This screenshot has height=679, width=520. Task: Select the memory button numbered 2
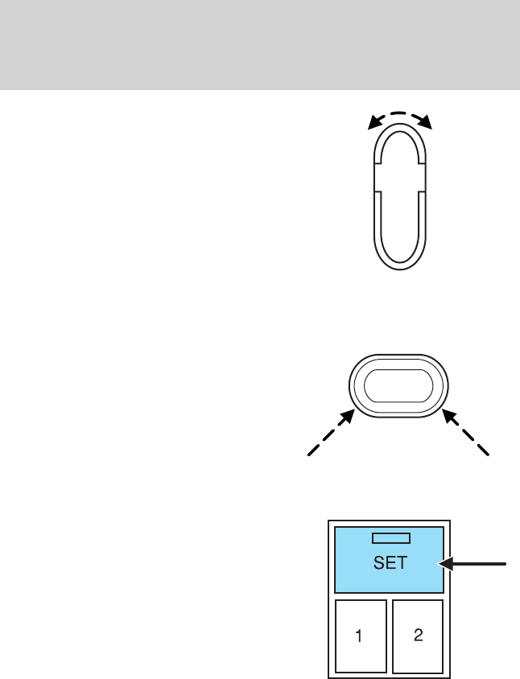point(418,636)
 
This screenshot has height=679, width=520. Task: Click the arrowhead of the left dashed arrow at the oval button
point(351,415)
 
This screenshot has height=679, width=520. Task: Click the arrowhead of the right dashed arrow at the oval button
point(448,415)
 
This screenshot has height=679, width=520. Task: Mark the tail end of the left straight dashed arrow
point(307,455)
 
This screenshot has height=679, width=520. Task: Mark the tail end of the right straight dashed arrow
point(489,455)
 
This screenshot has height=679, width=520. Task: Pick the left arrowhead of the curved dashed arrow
point(371,124)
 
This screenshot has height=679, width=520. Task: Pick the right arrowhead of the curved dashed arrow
point(429,124)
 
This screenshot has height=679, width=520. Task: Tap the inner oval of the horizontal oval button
point(399,385)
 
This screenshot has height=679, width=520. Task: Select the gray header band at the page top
point(260,44)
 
